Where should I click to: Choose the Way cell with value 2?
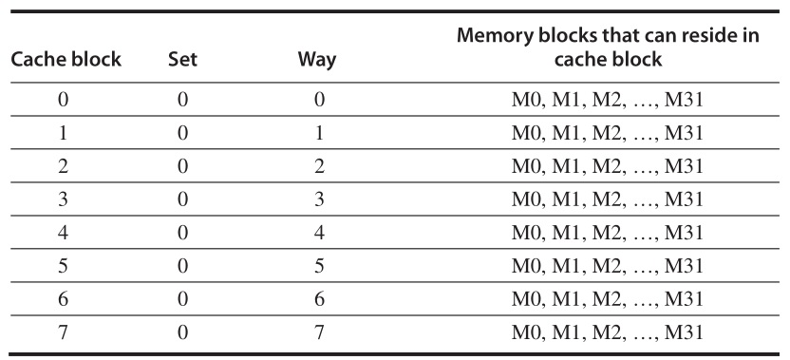click(320, 166)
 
